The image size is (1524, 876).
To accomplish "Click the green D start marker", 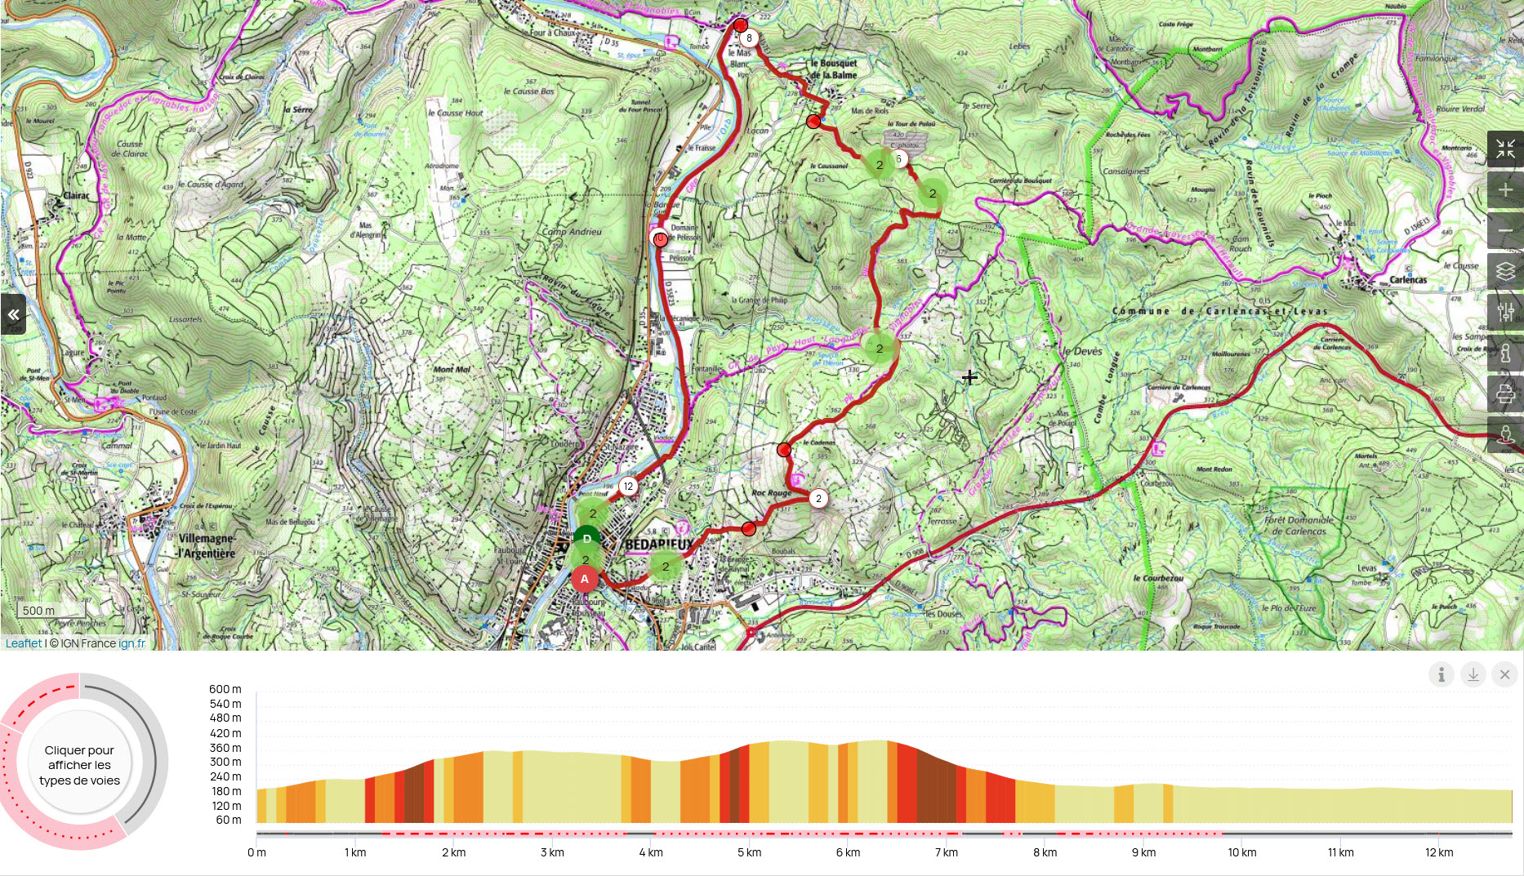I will tap(586, 539).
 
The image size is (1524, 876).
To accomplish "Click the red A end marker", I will tap(584, 579).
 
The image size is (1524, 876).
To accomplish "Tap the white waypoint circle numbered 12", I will tap(627, 487).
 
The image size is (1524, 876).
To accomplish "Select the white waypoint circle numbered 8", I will tap(749, 38).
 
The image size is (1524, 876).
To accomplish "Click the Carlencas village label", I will tap(1408, 280).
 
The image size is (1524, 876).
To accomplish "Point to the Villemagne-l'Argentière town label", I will tap(207, 546).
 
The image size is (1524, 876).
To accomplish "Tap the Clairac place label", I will tap(76, 196).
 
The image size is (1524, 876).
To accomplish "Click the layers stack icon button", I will tap(1505, 271).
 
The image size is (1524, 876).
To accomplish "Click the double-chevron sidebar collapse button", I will tap(13, 314).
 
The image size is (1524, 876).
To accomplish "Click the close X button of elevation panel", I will tap(1504, 674).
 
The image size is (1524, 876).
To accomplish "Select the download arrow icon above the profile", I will tap(1473, 674).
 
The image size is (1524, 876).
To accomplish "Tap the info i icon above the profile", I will tap(1441, 674).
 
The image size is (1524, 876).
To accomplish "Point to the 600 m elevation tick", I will tap(225, 689).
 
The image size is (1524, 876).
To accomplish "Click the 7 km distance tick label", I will tap(946, 852).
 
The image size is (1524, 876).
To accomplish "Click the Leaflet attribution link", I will tap(23, 643).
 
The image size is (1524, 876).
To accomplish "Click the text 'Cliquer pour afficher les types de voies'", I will tap(79, 765).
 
